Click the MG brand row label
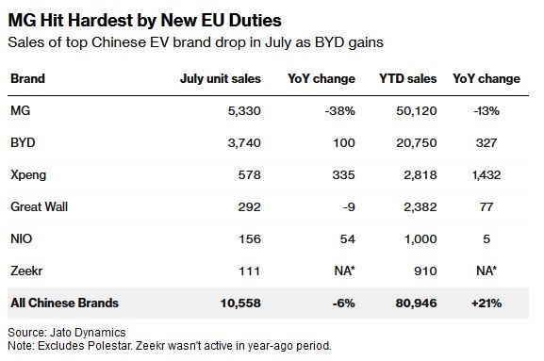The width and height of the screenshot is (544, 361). [x=21, y=110]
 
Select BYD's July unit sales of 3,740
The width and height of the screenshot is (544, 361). [x=244, y=143]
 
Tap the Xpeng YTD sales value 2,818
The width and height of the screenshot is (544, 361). [x=420, y=174]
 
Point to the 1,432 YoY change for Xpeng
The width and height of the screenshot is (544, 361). [x=486, y=174]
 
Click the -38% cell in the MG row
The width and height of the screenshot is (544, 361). [x=340, y=111]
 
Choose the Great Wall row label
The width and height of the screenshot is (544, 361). [x=40, y=206]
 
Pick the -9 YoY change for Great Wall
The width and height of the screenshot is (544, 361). [x=349, y=207]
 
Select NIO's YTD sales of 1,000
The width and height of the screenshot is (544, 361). [x=420, y=238]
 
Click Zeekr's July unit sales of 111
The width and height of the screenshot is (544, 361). [x=250, y=271]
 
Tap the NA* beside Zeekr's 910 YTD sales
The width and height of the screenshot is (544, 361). [x=486, y=271]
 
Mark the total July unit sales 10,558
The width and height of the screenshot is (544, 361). [x=240, y=304]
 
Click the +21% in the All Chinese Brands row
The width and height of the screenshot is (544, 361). [x=486, y=304]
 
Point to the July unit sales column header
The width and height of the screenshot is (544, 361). [x=221, y=79]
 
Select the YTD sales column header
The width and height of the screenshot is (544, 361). [x=407, y=79]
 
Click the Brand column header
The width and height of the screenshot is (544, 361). [x=27, y=79]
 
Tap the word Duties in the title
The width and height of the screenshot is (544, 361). [x=256, y=20]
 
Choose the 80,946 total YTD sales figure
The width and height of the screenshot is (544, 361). [x=416, y=304]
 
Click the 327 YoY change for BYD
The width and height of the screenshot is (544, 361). [x=486, y=143]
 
